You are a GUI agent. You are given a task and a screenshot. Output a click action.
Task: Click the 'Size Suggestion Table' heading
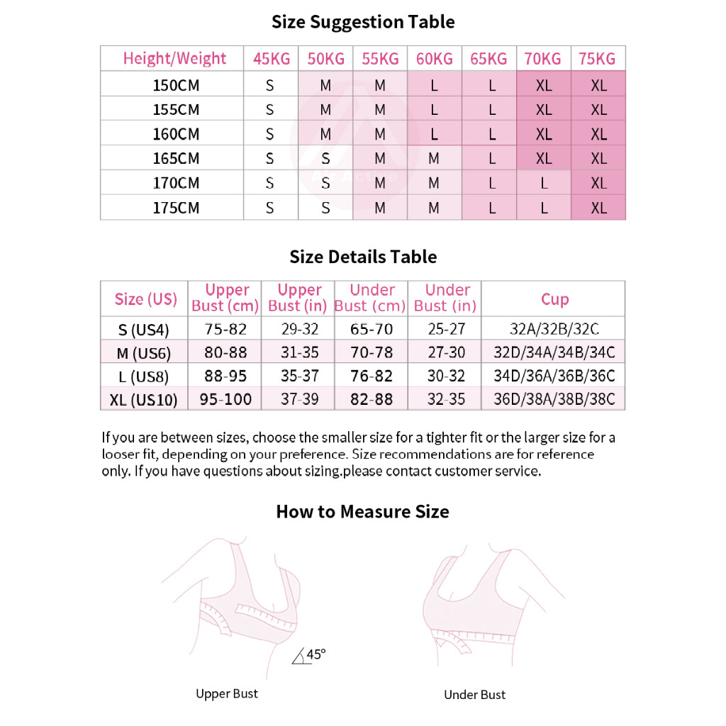[x=363, y=22]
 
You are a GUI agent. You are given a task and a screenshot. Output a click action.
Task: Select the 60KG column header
[x=435, y=59]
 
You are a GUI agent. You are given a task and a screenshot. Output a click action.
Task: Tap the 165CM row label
[x=177, y=158]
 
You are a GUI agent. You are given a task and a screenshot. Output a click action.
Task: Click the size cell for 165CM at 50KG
[x=325, y=159]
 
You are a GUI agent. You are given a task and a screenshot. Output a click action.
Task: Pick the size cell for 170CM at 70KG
[x=544, y=183]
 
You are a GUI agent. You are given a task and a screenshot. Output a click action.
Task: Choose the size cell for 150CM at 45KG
[x=270, y=86]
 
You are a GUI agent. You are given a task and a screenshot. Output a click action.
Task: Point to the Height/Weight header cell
[x=174, y=59]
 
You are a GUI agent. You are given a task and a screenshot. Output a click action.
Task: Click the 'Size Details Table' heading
[x=363, y=257]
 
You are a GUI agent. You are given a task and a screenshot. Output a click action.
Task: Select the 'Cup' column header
[x=554, y=299]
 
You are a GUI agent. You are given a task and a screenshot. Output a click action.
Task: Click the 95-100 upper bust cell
[x=225, y=399]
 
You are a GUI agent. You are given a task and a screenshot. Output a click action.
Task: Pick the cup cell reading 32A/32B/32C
[x=554, y=329]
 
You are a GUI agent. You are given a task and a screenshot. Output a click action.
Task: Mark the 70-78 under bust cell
[x=372, y=352]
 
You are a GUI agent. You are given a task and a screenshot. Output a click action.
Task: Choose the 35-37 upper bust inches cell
[x=300, y=376]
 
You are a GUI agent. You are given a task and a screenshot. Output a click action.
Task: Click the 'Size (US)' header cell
[x=146, y=299]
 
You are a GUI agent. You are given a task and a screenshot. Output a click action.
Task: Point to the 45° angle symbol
[x=310, y=655]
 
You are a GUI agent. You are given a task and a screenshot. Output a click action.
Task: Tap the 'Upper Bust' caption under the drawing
[x=227, y=693]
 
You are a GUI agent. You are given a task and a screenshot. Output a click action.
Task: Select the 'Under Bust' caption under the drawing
[x=475, y=695]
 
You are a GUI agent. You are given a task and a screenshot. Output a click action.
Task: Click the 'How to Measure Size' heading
[x=362, y=511]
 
